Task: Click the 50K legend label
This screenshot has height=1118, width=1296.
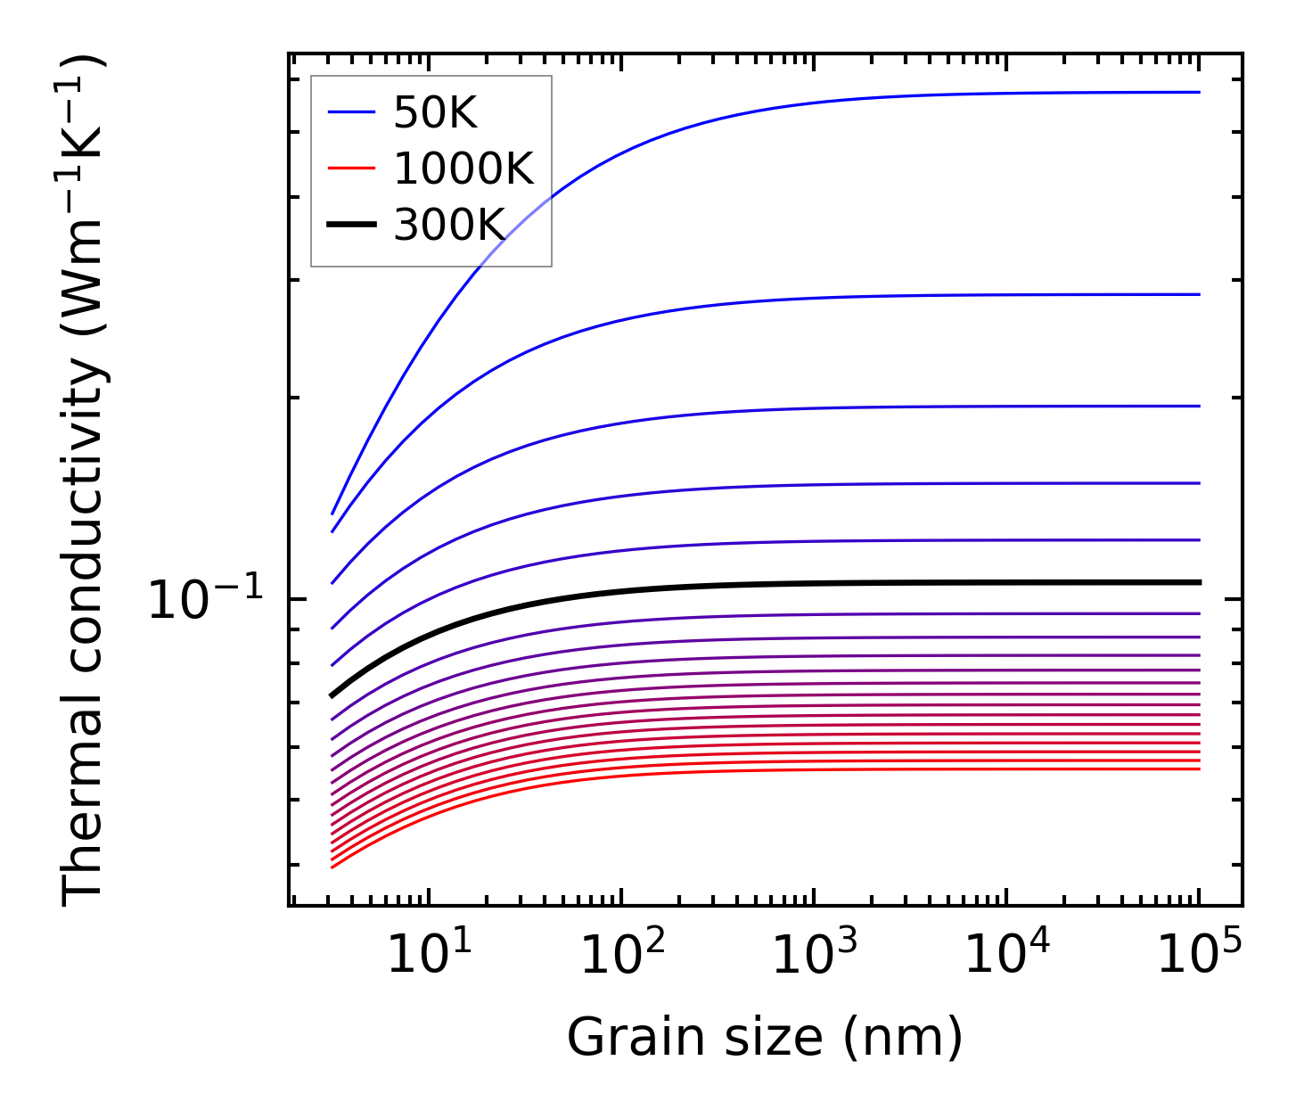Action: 435,112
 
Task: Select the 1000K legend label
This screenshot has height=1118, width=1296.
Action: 463,169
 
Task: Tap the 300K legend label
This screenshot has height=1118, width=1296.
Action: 449,226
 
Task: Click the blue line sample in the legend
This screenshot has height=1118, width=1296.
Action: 352,112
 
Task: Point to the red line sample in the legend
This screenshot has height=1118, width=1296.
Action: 352,169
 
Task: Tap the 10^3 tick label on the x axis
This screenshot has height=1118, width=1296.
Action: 814,955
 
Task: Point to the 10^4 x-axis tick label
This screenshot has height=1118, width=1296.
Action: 1006,955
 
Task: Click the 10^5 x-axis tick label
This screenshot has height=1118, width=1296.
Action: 1199,955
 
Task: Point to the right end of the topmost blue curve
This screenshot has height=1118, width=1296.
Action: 1199,92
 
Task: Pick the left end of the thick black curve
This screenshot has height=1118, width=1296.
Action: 332,695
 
